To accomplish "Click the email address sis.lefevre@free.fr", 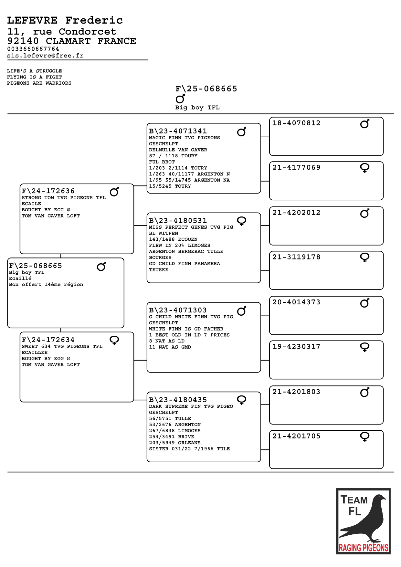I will pos(45,56).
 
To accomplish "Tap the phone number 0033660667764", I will pos(33,49).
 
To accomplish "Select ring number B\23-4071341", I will pos(178,131).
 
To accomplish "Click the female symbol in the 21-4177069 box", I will pos(365,168).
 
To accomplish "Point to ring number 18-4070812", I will pos(296,123).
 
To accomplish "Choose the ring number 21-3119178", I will pos(296,257).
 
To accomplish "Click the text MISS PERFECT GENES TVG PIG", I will pos(191,227).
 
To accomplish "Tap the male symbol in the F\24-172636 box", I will pos(114,192).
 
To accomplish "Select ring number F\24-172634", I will pos(48,340).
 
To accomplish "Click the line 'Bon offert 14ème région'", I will pos(46,284).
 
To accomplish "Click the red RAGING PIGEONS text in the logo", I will pos(363,548).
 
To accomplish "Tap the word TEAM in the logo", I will pos(354,500).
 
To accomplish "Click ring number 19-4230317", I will pos(296,347).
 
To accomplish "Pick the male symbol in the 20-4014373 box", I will pos(365,303).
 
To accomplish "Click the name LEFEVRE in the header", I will pos(32,20).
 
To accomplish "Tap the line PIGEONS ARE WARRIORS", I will pos(39,83).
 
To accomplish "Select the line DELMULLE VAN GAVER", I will pos(178,150).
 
